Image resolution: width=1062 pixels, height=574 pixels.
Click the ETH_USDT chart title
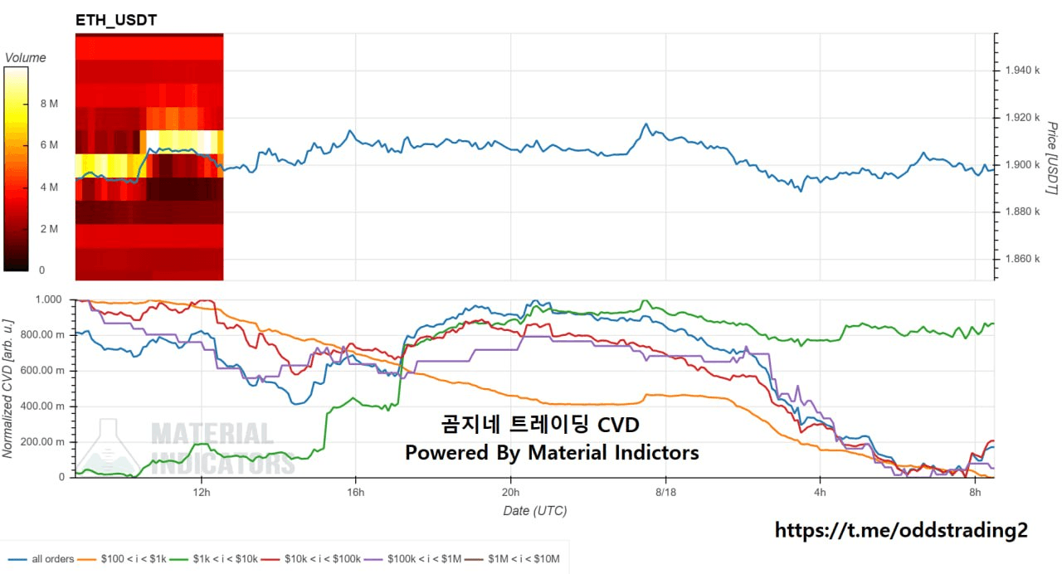pyautogui.click(x=116, y=20)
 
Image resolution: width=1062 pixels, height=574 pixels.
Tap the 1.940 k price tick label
pyautogui.click(x=1022, y=71)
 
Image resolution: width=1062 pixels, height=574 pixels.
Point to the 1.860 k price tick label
pyautogui.click(x=1022, y=259)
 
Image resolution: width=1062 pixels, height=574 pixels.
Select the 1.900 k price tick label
pyautogui.click(x=1022, y=165)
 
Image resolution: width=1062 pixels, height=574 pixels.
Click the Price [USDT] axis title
pyautogui.click(x=1052, y=158)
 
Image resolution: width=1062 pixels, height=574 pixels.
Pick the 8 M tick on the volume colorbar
pyautogui.click(x=49, y=104)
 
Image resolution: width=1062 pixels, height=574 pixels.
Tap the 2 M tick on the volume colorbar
pyautogui.click(x=49, y=229)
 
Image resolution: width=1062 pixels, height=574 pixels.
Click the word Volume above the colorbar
pyautogui.click(x=25, y=58)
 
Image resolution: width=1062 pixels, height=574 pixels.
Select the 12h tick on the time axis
pyautogui.click(x=202, y=492)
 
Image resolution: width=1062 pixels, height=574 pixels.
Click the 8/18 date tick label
pyautogui.click(x=665, y=492)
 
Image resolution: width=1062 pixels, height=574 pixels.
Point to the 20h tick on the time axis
pyautogui.click(x=510, y=492)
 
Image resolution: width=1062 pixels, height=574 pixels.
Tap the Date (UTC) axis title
pyautogui.click(x=535, y=510)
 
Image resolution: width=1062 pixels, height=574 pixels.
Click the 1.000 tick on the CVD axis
pyautogui.click(x=48, y=299)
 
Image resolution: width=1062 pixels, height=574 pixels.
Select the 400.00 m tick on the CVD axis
pyautogui.click(x=42, y=406)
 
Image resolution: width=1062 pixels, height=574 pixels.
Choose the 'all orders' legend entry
pyautogui.click(x=41, y=559)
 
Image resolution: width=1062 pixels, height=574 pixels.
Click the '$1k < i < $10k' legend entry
pyautogui.click(x=214, y=559)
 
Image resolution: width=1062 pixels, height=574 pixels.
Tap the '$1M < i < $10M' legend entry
pyautogui.click(x=512, y=559)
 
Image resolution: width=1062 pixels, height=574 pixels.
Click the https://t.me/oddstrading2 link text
pyautogui.click(x=901, y=530)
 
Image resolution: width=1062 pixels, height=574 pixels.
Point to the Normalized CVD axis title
pyautogui.click(x=7, y=389)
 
